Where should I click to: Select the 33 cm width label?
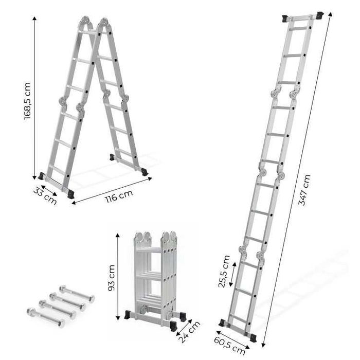click(45, 195)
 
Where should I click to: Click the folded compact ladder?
click(155, 278)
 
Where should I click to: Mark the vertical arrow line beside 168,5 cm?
click(34, 98)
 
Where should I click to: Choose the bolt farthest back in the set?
click(77, 293)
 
